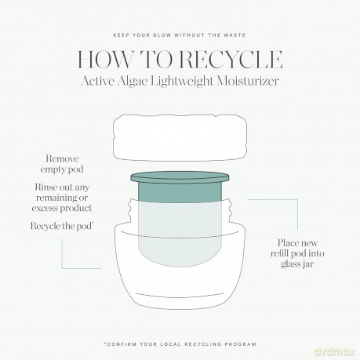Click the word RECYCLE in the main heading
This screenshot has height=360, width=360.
(231, 60)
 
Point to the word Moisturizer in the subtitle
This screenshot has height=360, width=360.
(248, 81)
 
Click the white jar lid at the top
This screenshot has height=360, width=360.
(180, 138)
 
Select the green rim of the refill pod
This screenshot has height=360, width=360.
(180, 177)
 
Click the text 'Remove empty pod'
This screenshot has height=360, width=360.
(62, 164)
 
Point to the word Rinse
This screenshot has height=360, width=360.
(46, 187)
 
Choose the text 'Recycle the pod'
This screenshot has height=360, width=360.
(62, 226)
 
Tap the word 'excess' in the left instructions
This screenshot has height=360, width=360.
(45, 209)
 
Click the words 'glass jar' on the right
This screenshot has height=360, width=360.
(297, 264)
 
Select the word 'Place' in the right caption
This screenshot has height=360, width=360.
(287, 243)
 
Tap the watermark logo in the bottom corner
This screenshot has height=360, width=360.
(335, 351)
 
